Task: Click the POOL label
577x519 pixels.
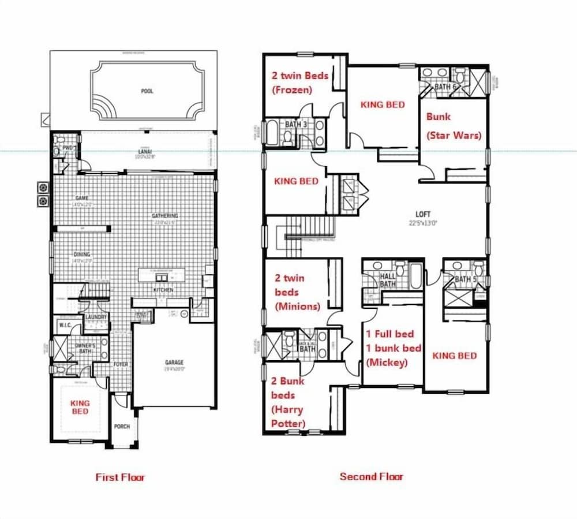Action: pyautogui.click(x=147, y=91)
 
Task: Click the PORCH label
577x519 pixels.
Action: pyautogui.click(x=122, y=427)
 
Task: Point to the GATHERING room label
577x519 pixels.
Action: pyautogui.click(x=164, y=216)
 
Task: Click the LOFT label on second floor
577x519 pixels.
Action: pyautogui.click(x=423, y=214)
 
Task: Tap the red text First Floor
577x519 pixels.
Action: pyautogui.click(x=120, y=477)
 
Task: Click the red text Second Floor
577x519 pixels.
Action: pyautogui.click(x=371, y=476)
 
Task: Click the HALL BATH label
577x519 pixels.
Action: pyautogui.click(x=388, y=281)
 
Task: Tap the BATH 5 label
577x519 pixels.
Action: pyautogui.click(x=463, y=280)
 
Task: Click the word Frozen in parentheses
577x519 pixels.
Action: pyautogui.click(x=292, y=89)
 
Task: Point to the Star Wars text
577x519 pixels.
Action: pyautogui.click(x=454, y=136)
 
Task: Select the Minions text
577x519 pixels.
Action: pyautogui.click(x=298, y=306)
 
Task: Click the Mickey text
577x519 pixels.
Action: pyautogui.click(x=387, y=363)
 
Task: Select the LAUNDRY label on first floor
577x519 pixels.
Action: pyautogui.click(x=96, y=318)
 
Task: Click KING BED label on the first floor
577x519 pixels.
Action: pyautogui.click(x=80, y=406)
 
